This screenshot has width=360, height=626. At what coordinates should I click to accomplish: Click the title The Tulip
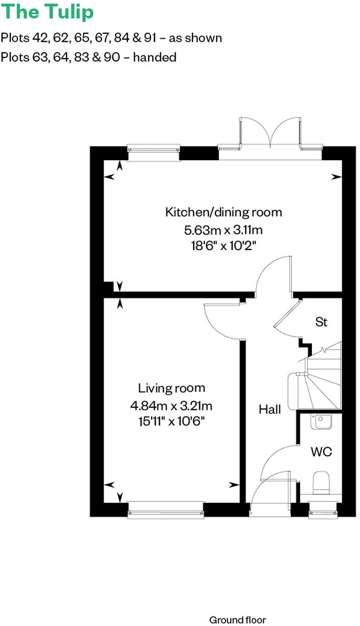[47, 12]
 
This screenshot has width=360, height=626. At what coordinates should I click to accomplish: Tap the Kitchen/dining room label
[223, 212]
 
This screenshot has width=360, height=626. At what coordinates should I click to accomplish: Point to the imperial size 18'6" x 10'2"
[223, 245]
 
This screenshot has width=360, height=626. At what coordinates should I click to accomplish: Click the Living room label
[171, 389]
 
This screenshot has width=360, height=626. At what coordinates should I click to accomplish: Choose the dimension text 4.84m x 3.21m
[171, 406]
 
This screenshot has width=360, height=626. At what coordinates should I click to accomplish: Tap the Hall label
[270, 409]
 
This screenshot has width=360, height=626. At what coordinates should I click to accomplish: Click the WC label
[321, 451]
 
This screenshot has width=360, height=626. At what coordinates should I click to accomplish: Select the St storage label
[321, 322]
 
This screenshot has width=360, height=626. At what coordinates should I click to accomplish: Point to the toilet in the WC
[322, 483]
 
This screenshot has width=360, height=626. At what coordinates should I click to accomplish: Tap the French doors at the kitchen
[271, 135]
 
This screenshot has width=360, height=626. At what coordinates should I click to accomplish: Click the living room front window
[165, 510]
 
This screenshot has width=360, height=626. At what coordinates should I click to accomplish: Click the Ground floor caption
[237, 620]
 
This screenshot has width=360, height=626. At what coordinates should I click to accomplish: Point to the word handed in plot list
[156, 57]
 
